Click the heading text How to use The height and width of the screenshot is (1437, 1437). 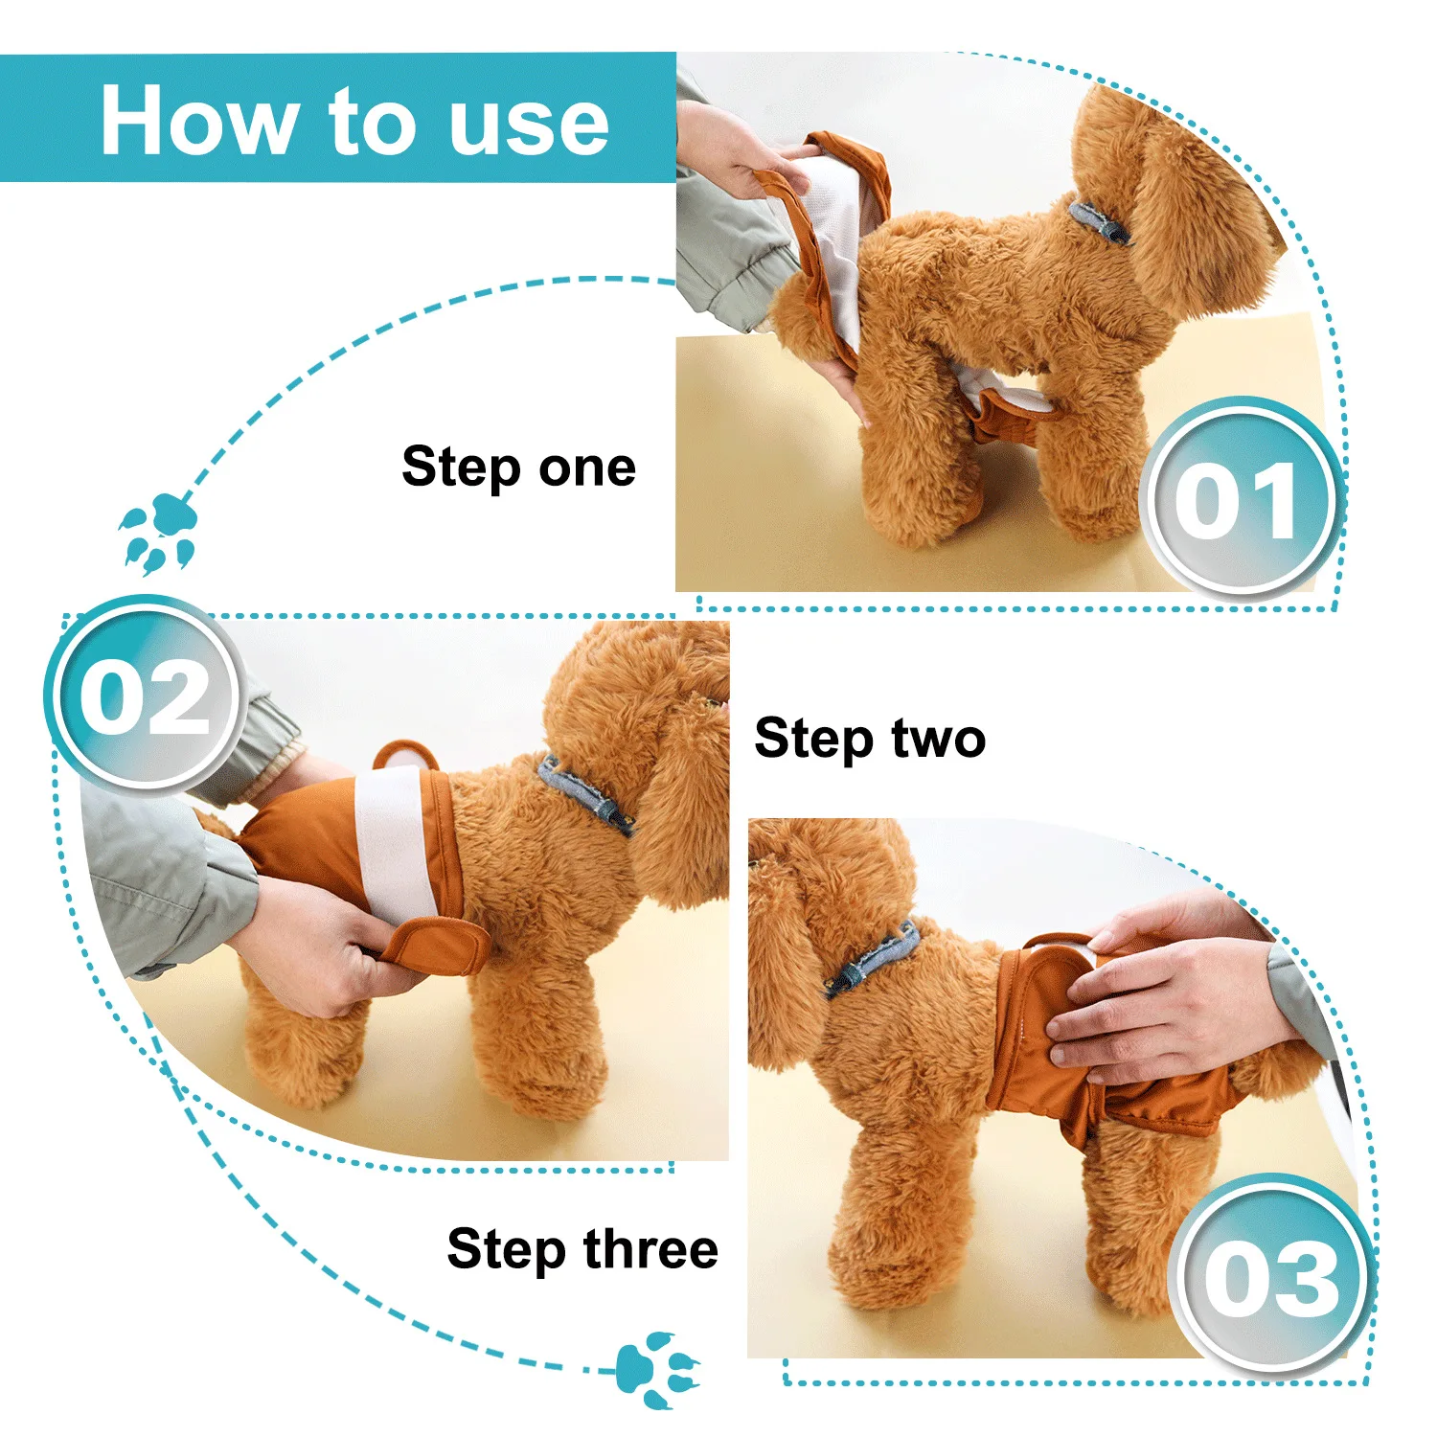click(x=354, y=120)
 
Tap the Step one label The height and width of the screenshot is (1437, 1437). click(x=518, y=468)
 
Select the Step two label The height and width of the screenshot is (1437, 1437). click(x=870, y=739)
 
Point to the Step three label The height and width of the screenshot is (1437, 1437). click(x=582, y=1249)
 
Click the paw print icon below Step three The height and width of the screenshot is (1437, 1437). click(x=660, y=1369)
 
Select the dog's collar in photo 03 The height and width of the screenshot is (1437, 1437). click(x=873, y=959)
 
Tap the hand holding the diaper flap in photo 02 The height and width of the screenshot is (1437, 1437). click(x=316, y=948)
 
